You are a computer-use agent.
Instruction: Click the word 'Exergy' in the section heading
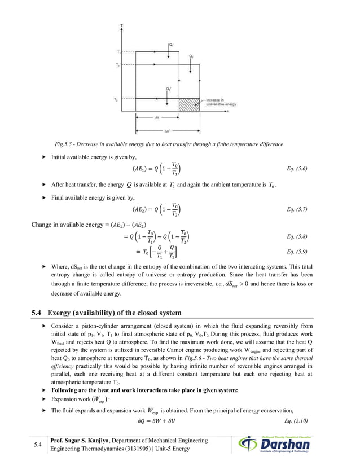pos(59,313)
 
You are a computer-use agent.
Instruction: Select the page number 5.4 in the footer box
pos(38,446)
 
